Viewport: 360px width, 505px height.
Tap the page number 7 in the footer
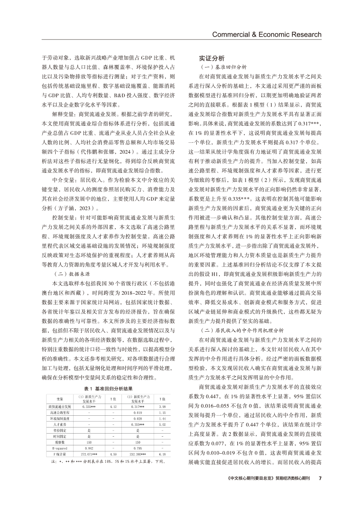point(320,478)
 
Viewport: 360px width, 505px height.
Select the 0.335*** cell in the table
point(89,406)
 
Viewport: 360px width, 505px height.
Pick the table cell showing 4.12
point(113,406)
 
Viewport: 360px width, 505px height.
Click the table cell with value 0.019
point(138,412)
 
